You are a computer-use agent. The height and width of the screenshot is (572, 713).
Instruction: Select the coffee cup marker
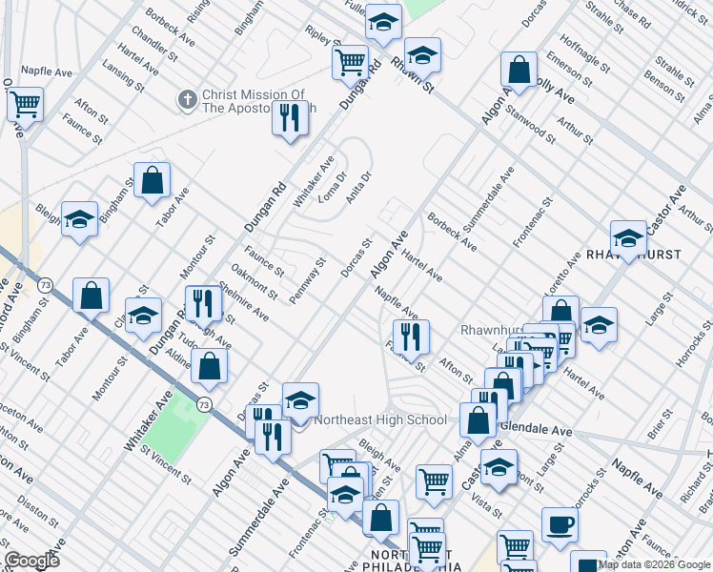click(x=560, y=525)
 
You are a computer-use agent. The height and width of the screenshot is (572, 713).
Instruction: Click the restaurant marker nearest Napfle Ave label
click(x=411, y=337)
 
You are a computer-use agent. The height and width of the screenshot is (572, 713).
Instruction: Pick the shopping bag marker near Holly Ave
click(x=518, y=70)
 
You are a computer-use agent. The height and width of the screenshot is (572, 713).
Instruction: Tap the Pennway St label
click(x=307, y=276)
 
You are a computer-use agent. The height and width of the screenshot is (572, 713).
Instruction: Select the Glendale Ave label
click(x=536, y=430)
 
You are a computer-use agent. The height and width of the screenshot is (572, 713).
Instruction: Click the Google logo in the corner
click(x=31, y=561)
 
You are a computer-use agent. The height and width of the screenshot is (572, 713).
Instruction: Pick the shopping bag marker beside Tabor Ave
click(x=152, y=181)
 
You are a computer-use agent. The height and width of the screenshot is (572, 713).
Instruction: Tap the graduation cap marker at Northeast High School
click(x=300, y=401)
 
